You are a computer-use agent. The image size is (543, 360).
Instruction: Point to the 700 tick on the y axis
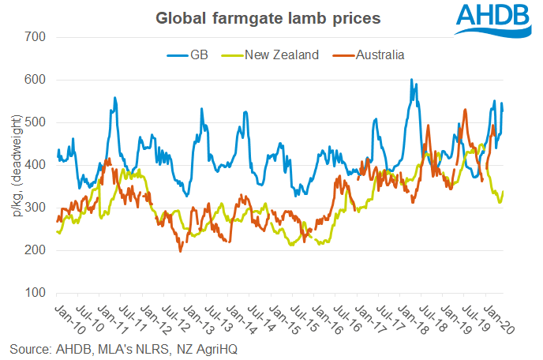click(x=36, y=37)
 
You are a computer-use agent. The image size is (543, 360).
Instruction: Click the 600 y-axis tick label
click(x=36, y=80)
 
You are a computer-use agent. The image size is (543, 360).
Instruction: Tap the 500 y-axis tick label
click(x=36, y=122)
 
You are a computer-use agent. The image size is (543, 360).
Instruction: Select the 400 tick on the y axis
click(x=36, y=165)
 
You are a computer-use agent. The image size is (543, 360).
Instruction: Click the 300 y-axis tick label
click(x=36, y=208)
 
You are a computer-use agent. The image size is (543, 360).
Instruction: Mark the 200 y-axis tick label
click(x=36, y=250)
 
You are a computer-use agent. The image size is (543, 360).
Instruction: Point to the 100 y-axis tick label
click(x=36, y=293)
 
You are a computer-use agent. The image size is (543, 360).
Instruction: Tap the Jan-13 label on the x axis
click(x=193, y=314)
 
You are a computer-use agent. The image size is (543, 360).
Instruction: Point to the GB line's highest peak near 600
click(x=411, y=80)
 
